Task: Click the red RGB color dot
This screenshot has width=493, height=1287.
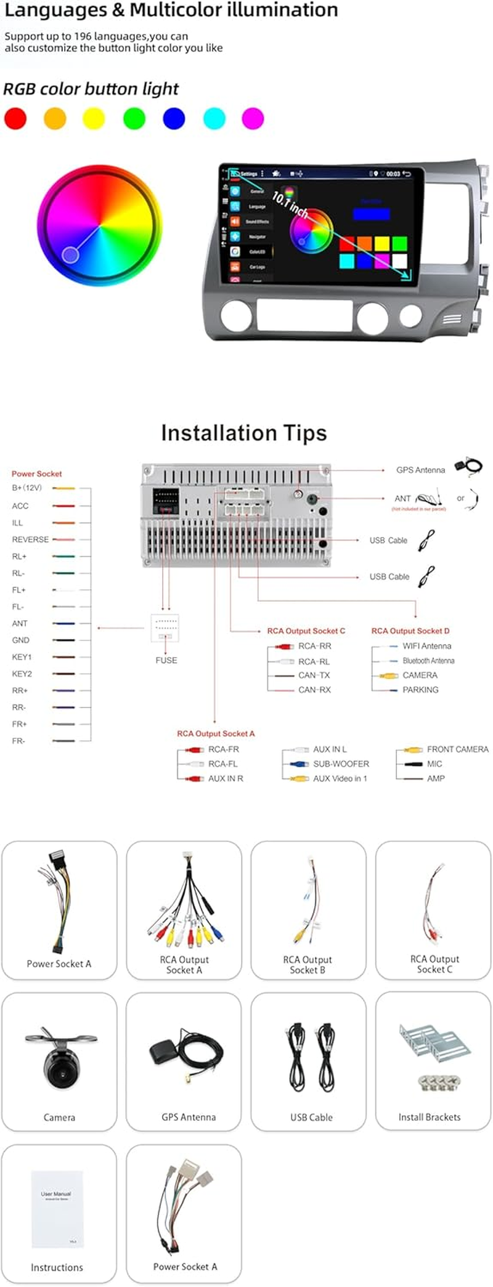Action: [x=15, y=118]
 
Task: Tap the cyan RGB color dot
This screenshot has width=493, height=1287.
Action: [x=214, y=118]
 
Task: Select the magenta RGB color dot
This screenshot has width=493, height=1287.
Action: [x=253, y=118]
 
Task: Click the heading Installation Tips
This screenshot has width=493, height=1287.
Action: [x=244, y=433]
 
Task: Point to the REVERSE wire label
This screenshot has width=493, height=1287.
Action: [x=30, y=539]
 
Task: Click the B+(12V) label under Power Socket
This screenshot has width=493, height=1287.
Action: [x=26, y=488]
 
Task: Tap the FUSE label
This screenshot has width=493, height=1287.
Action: [x=166, y=660]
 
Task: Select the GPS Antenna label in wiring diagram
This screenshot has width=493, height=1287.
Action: [x=420, y=470]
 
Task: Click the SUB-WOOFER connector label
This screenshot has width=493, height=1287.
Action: [x=341, y=764]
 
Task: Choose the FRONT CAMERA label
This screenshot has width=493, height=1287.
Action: [x=457, y=749]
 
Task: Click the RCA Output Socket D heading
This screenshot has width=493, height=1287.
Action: [x=410, y=631]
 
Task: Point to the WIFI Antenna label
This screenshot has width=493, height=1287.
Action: [x=426, y=646]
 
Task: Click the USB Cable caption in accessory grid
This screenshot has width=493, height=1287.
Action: [x=311, y=1117]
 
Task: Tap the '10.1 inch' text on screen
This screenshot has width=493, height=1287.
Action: [x=290, y=204]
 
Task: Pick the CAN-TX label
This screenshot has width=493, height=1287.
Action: [x=314, y=676]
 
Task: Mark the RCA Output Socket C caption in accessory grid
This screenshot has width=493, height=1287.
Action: [x=434, y=964]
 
